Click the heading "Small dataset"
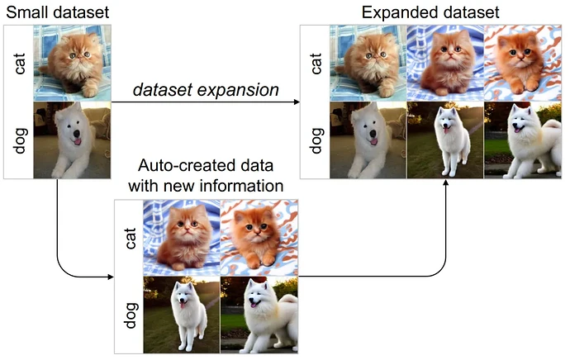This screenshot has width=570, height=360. pos(58,12)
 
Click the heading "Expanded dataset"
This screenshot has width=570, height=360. pos(430,12)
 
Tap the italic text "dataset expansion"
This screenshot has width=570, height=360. pos(206,90)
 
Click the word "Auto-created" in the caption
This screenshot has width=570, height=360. pos(183,165)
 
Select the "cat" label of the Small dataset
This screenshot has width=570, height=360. pos(19,64)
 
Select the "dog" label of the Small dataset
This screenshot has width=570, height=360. pos(20,140)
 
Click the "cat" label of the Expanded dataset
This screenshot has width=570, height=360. pos(316,64)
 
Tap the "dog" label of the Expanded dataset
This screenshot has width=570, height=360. pos(316,140)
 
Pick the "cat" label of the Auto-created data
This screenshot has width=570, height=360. pos(130,238)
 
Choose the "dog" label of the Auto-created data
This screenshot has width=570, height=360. pos(131,315)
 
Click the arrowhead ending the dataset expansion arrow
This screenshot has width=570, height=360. pos(297,102)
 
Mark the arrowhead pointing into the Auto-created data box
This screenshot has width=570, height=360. pos(111,277)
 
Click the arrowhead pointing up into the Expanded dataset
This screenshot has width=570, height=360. pos(446,182)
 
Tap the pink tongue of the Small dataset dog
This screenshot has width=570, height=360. pos(78,141)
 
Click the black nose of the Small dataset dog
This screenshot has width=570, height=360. pos(77,133)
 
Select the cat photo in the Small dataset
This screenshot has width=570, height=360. pos(72,63)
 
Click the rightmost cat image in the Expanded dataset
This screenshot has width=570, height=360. pos(523,63)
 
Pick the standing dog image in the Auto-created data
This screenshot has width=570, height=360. pos(182,315)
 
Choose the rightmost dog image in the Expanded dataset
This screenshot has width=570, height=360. pos(523,140)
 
